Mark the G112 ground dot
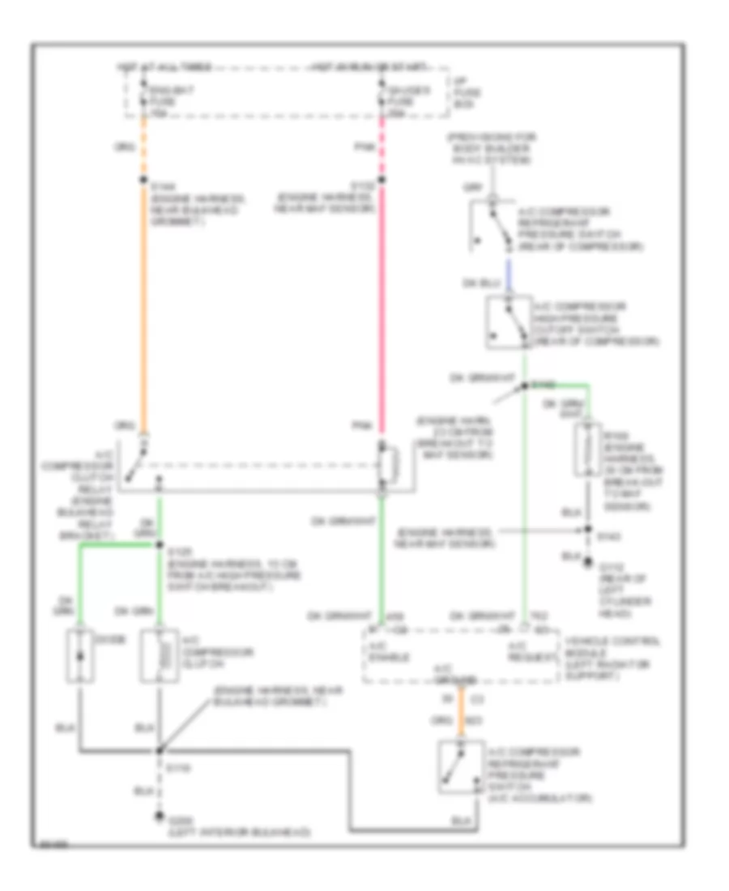589,568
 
